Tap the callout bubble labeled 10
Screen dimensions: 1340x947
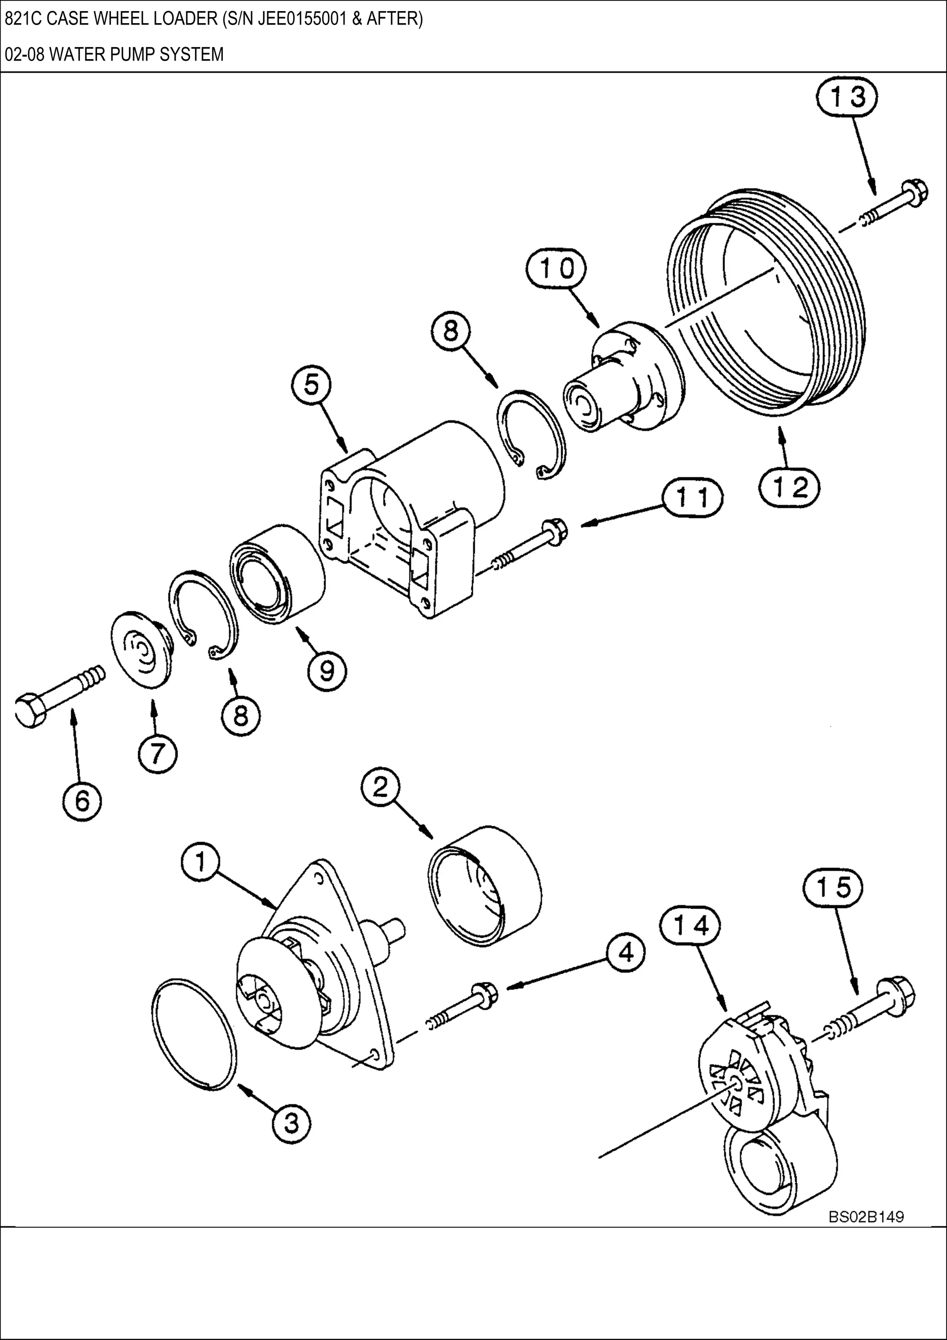coord(556,270)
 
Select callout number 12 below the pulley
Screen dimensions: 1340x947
coord(790,487)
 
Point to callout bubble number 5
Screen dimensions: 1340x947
coord(312,386)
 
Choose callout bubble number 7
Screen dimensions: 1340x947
coord(158,755)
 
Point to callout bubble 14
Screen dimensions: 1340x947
coord(693,926)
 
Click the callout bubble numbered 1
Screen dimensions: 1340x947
coord(200,863)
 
